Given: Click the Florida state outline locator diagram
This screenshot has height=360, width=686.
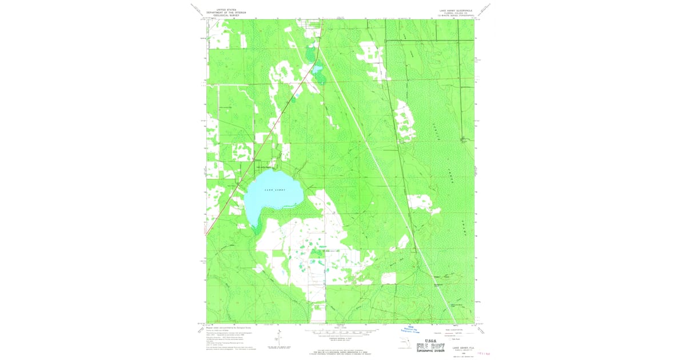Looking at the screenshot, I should click(405, 343).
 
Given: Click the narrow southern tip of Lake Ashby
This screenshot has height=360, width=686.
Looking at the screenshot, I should click(253, 227).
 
